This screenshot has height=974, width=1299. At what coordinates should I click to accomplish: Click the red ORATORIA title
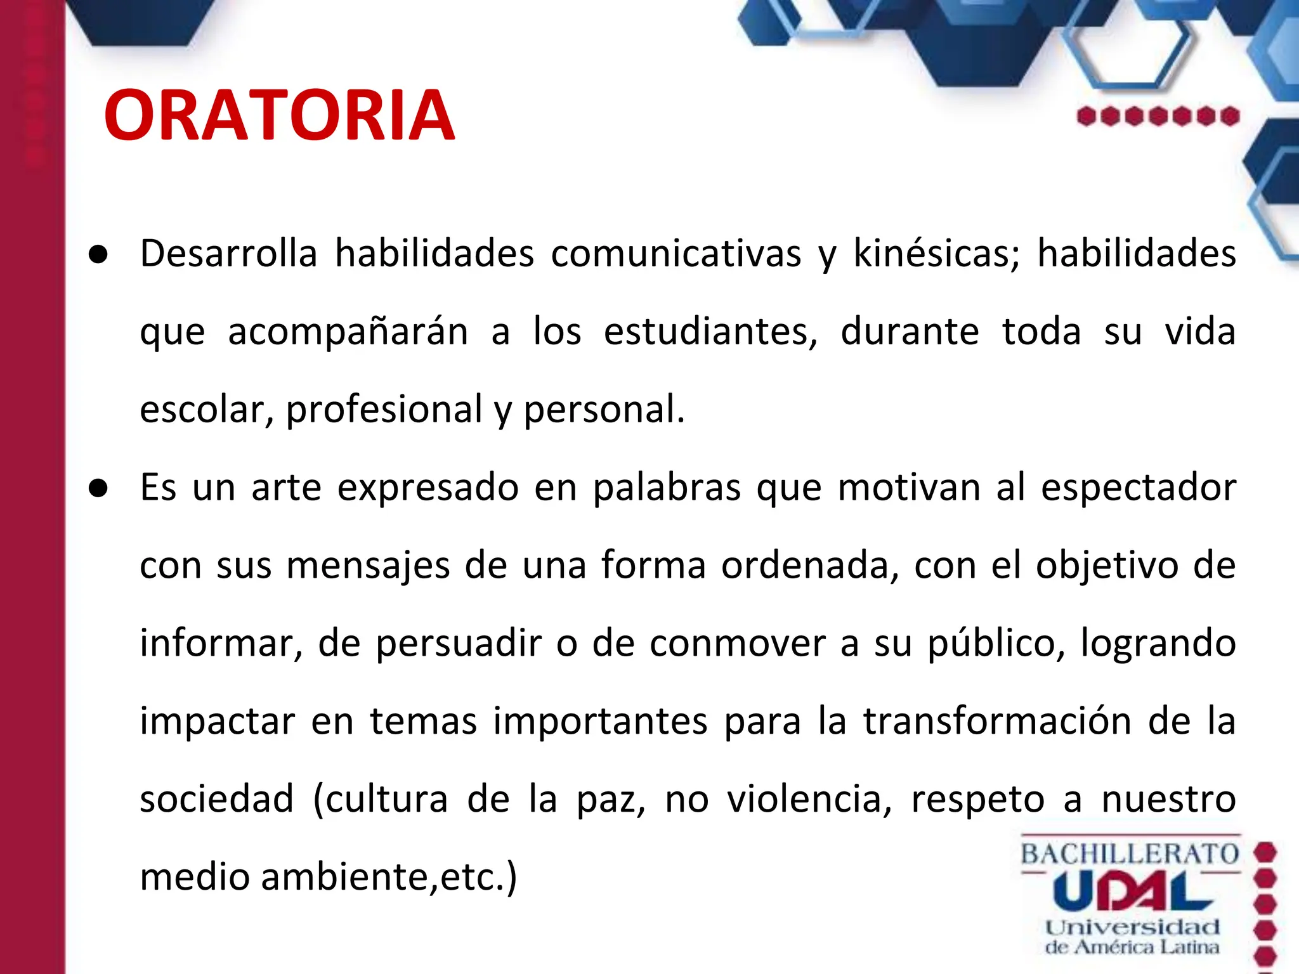(x=279, y=115)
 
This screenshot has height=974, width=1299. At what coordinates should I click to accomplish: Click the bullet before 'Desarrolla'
(x=98, y=255)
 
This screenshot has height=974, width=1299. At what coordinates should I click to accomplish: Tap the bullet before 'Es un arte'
(x=98, y=489)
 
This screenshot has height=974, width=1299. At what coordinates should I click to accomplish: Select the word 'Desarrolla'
(x=228, y=254)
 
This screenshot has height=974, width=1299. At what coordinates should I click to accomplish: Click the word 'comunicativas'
(x=676, y=254)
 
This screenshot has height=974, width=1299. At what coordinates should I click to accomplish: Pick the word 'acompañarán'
(x=348, y=332)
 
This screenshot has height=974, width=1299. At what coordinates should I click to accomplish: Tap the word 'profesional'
(x=384, y=410)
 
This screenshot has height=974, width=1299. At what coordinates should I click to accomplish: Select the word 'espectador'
(x=1139, y=488)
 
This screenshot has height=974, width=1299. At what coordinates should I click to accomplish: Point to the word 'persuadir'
(x=459, y=644)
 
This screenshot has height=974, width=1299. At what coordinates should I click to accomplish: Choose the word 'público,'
(x=996, y=644)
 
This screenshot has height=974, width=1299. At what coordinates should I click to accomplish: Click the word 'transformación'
(x=998, y=722)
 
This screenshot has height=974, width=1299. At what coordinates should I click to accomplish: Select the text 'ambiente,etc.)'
(x=389, y=878)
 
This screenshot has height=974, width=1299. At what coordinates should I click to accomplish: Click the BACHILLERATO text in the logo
(x=1130, y=854)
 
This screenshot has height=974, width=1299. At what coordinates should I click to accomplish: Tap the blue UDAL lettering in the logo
(x=1132, y=891)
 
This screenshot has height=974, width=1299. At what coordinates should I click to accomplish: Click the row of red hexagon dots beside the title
(x=1158, y=117)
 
